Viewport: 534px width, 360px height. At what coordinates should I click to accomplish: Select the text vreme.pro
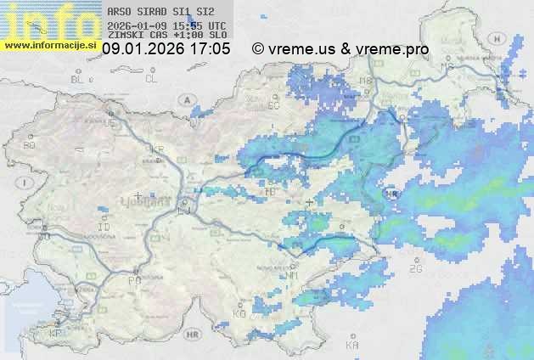[390, 49]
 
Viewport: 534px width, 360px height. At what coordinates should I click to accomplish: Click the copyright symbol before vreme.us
[258, 49]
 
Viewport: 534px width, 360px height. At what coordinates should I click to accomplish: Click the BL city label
[79, 79]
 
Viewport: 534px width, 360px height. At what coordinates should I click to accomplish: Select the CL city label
[151, 79]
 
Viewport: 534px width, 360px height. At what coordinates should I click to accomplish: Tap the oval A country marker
[184, 99]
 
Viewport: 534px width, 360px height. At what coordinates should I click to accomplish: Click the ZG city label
[415, 269]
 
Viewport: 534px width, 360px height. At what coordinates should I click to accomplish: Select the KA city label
[351, 346]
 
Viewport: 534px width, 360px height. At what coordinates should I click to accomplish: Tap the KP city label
[56, 334]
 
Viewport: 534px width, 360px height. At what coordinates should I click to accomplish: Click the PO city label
[133, 280]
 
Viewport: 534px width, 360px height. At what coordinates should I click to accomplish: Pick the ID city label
[104, 228]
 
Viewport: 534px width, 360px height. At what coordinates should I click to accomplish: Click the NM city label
[293, 275]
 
